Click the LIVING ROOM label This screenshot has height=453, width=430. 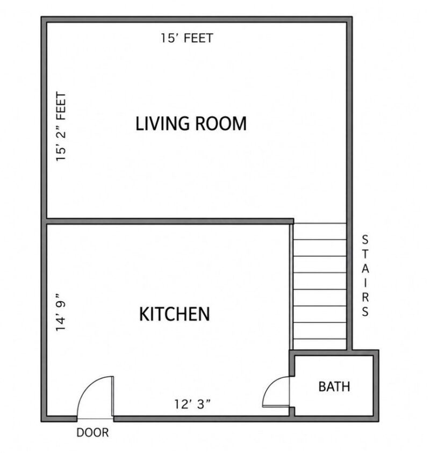coord(191,124)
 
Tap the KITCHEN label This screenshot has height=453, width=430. coord(175,314)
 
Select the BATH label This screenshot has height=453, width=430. coord(334,386)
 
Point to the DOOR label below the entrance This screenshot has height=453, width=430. coord(92,433)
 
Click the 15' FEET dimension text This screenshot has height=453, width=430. coord(187,38)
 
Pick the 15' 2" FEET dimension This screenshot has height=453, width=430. coord(61,126)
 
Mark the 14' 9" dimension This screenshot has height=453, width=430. coord(61,312)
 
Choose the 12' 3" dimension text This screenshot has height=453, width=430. coord(192,404)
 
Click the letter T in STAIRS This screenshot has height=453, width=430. coord(365,254)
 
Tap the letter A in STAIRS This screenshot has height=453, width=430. coord(365,268)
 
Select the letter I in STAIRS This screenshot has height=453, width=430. coord(365,283)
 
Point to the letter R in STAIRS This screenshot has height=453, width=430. coord(365,297)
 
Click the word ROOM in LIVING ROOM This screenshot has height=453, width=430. coord(221,124)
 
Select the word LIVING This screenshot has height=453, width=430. coord(162,124)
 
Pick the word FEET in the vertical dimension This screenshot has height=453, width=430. coord(61,105)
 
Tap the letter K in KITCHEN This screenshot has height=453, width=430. coord(144,314)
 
